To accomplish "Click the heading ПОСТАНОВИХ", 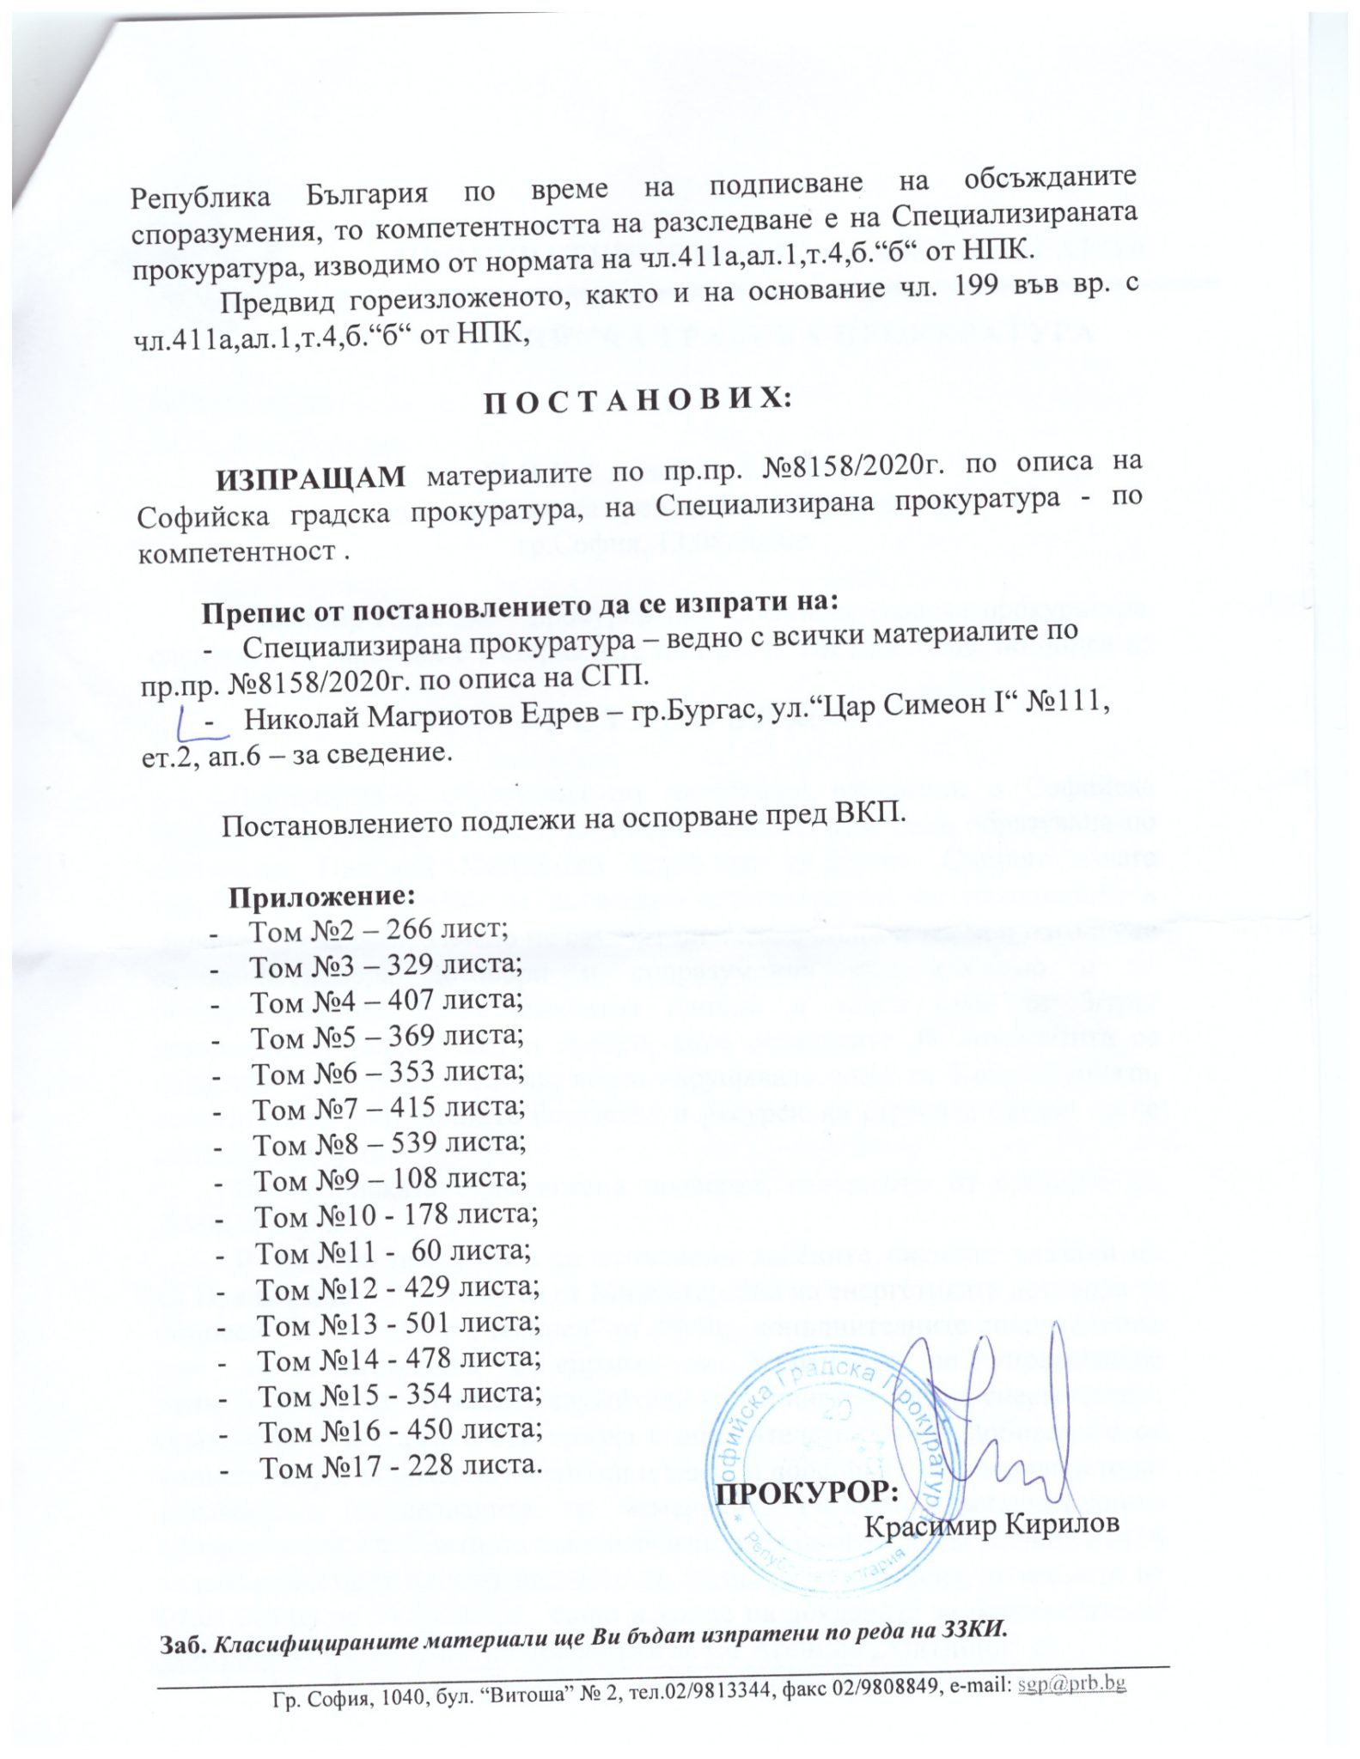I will (628, 401).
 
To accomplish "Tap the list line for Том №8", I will (389, 1143).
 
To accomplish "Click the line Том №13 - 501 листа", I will (398, 1324).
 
